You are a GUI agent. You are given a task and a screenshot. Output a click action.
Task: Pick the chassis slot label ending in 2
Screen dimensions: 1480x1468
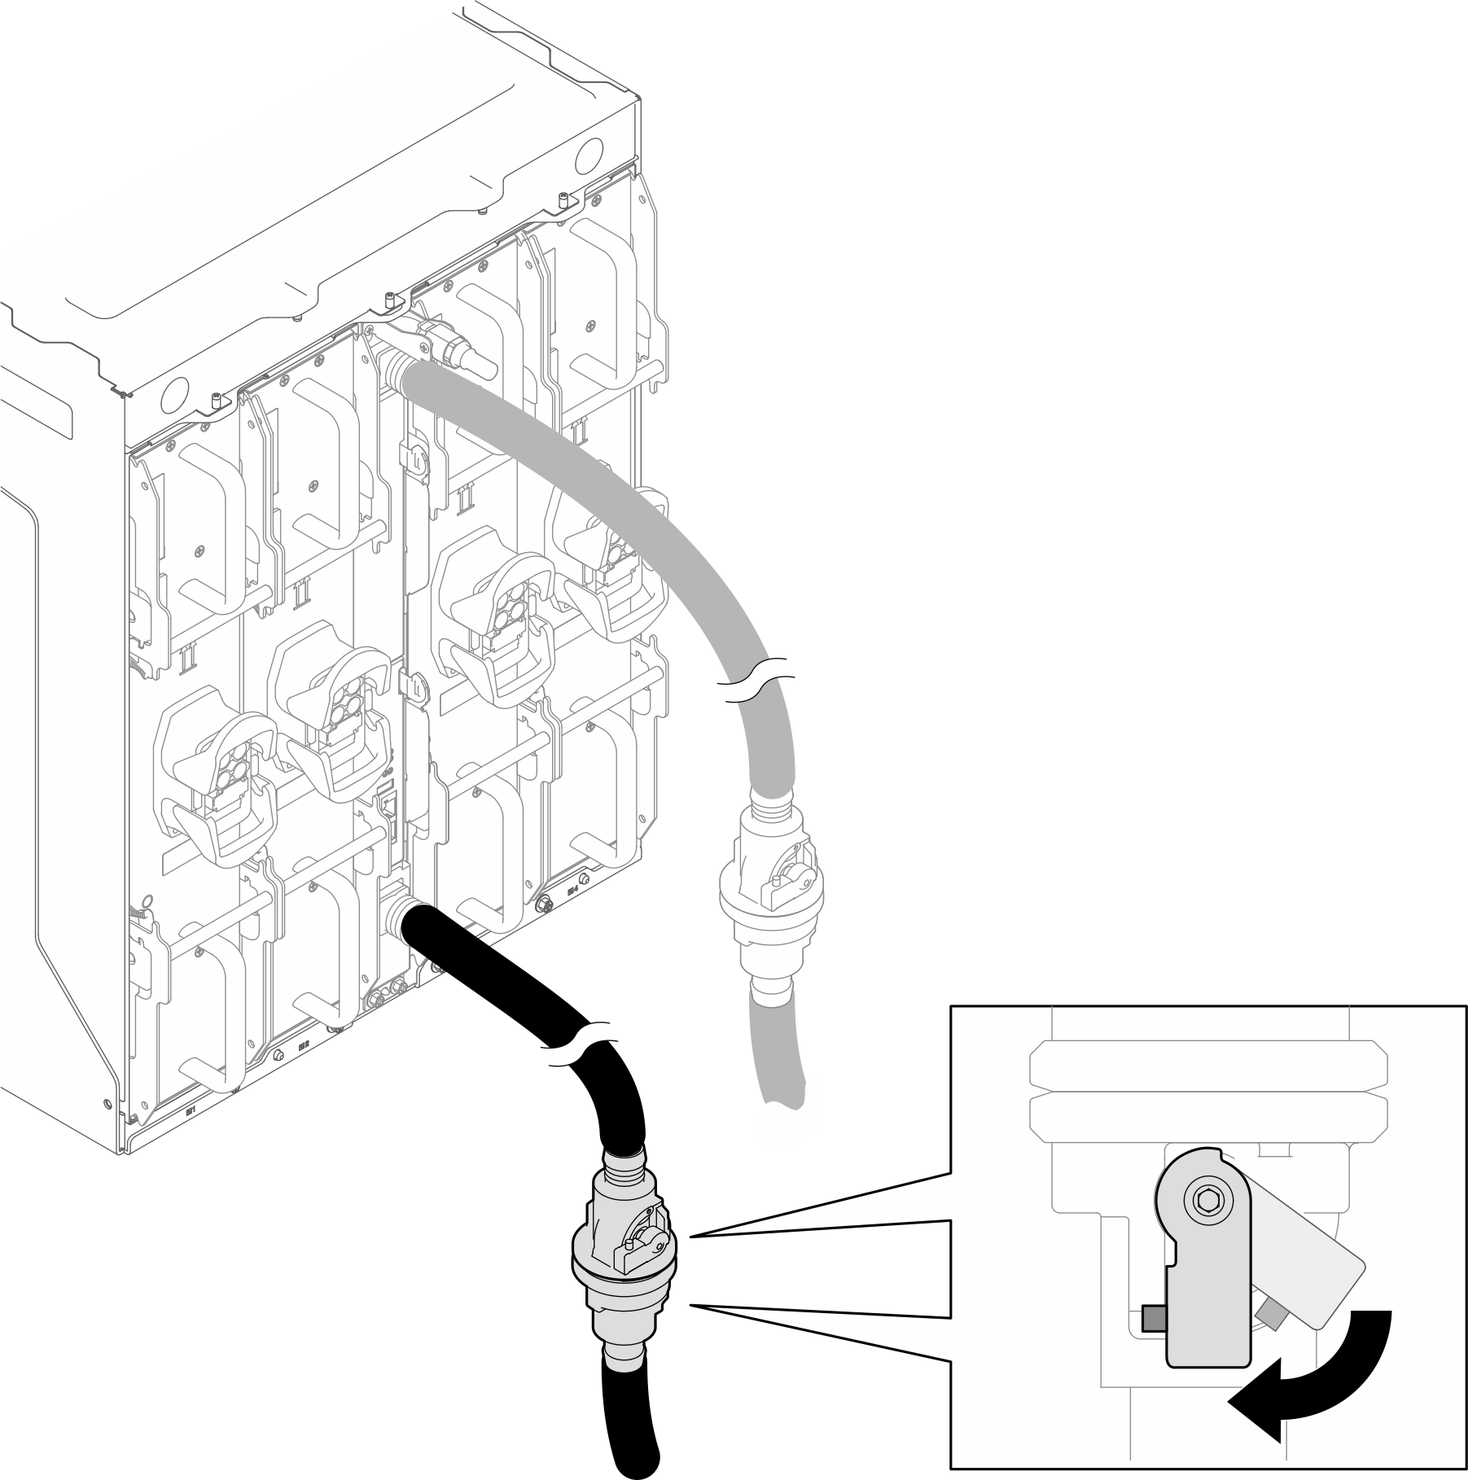(304, 1045)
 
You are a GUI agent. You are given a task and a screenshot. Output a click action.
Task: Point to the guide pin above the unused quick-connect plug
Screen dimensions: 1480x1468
(391, 300)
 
